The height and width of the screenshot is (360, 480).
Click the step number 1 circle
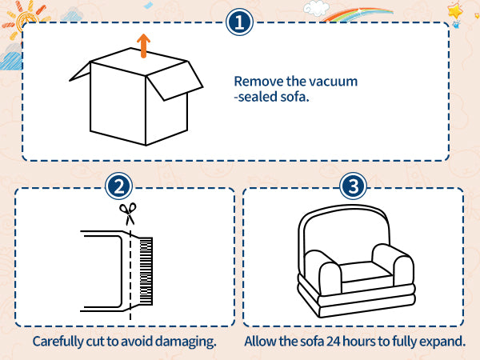click(239, 22)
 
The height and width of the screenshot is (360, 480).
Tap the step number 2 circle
click(118, 186)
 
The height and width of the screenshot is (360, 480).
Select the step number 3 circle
click(353, 186)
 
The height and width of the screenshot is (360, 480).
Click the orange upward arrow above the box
click(143, 46)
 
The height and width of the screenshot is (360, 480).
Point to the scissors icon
click(128, 214)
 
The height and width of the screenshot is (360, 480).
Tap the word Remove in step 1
click(258, 82)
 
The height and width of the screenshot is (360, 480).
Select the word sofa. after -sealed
click(294, 97)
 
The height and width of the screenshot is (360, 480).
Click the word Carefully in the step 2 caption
click(58, 342)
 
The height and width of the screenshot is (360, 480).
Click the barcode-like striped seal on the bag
click(146, 271)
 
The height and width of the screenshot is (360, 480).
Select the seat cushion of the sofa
click(366, 272)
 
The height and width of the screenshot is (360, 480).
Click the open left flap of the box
click(80, 72)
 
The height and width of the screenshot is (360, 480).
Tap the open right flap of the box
click(174, 81)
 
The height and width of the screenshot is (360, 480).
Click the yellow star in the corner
click(455, 11)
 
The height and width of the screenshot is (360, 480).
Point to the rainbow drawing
click(358, 14)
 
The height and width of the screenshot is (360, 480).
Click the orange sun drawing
click(27, 19)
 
